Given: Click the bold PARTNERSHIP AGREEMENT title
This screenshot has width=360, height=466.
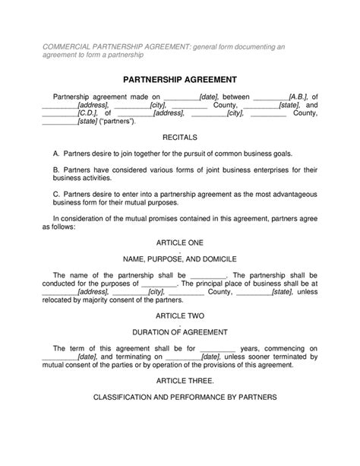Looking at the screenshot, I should (x=180, y=79).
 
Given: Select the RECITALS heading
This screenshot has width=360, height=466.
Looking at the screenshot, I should (x=180, y=138).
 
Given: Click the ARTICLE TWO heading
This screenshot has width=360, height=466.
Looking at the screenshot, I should (x=180, y=315).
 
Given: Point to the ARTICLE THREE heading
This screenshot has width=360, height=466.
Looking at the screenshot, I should (x=181, y=379).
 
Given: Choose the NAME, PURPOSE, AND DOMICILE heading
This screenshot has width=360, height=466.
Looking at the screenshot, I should (x=180, y=259).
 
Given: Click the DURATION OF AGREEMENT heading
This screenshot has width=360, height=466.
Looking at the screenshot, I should (x=180, y=331).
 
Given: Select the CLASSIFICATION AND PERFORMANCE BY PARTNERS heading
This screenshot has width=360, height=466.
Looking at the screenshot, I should (x=180, y=397).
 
